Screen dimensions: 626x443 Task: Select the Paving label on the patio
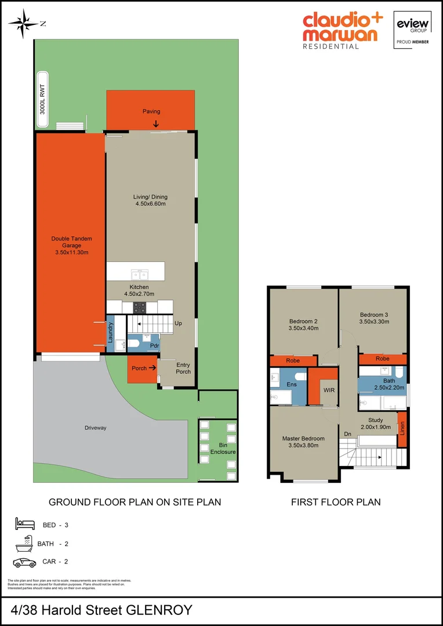pyautogui.click(x=151, y=111)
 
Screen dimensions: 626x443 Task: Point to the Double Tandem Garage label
pyautogui.click(x=71, y=245)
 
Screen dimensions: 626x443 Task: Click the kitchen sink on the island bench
pyautogui.click(x=139, y=274)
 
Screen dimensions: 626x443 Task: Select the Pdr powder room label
pyautogui.click(x=154, y=346)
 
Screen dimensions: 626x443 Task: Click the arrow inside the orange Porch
pyautogui.click(x=152, y=367)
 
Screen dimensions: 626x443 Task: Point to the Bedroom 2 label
pyautogui.click(x=303, y=321)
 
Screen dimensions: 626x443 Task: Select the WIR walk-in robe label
pyautogui.click(x=329, y=390)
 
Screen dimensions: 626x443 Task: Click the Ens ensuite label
pyautogui.click(x=291, y=384)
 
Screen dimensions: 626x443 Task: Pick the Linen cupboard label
pyautogui.click(x=402, y=430)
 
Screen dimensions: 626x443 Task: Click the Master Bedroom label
pyautogui.click(x=303, y=438)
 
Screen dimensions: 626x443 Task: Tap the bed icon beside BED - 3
pyautogui.click(x=25, y=525)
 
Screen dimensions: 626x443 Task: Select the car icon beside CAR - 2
pyautogui.click(x=25, y=562)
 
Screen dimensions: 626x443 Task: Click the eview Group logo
pyautogui.click(x=412, y=29)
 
